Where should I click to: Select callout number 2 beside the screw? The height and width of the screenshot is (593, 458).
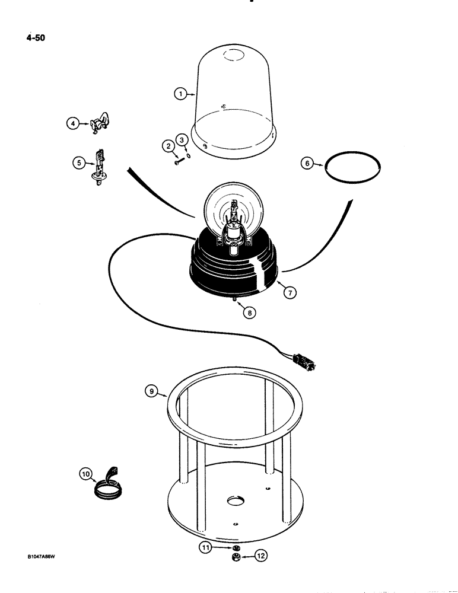pyautogui.click(x=168, y=145)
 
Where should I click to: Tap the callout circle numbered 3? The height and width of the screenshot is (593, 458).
pyautogui.click(x=183, y=139)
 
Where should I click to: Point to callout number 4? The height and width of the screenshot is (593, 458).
pyautogui.click(x=72, y=123)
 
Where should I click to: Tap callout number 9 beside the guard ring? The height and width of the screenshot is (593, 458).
pyautogui.click(x=152, y=391)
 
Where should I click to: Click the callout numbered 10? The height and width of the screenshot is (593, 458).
pyautogui.click(x=87, y=474)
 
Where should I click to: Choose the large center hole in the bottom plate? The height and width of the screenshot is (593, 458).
pyautogui.click(x=234, y=502)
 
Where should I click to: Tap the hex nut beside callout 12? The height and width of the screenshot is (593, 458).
pyautogui.click(x=236, y=558)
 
